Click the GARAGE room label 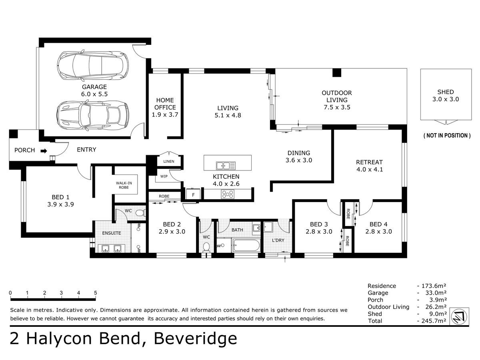[94, 87]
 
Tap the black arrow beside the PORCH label [44, 151]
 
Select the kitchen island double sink [226, 166]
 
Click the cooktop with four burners [228, 194]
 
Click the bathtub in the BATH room [246, 246]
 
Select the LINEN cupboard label [169, 161]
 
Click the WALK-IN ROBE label [124, 185]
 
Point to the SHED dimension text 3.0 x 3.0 [446, 99]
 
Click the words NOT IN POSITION [447, 136]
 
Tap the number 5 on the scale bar [95, 293]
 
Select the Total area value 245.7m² [434, 321]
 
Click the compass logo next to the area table [459, 316]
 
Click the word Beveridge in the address [196, 338]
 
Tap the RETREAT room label [369, 162]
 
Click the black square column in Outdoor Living [336, 73]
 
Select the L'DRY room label [278, 240]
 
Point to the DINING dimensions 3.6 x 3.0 [299, 160]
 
